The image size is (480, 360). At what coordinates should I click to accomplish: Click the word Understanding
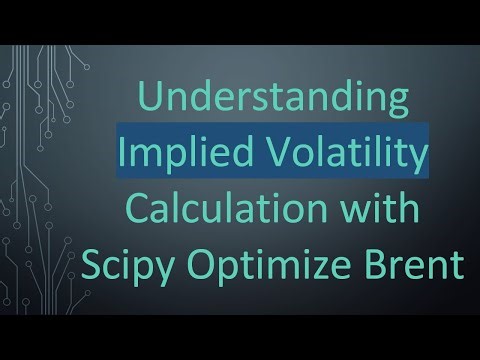[x=273, y=103]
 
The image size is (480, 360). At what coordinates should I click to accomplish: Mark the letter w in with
[x=351, y=216]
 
